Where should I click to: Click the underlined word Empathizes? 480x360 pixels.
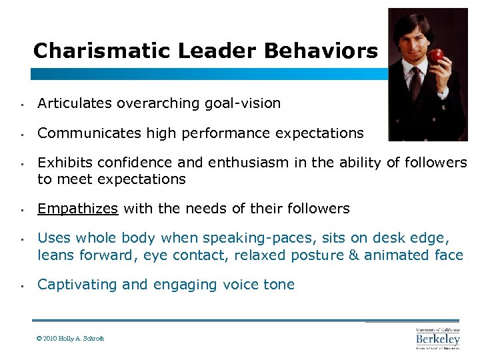[x=77, y=209]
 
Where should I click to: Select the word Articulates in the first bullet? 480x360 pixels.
[x=75, y=103]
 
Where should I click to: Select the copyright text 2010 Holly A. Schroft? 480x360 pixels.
[x=71, y=339]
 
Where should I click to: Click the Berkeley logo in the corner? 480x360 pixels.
[x=437, y=339]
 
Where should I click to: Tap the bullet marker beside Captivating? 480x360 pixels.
[x=22, y=286]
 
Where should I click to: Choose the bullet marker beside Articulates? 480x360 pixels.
[x=22, y=105]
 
